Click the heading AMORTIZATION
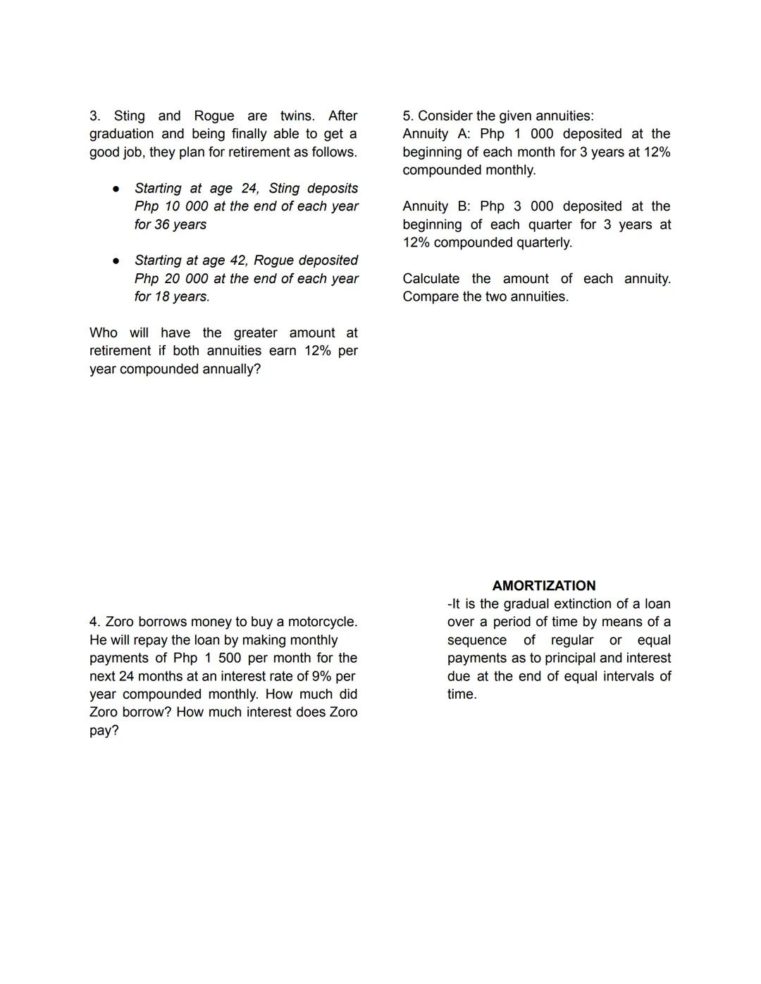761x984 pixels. [x=543, y=585]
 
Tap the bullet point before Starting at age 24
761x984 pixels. [x=116, y=189]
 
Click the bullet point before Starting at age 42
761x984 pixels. [x=116, y=261]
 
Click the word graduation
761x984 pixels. [x=121, y=134]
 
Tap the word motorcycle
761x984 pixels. [x=321, y=622]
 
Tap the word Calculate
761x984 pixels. [x=431, y=279]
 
